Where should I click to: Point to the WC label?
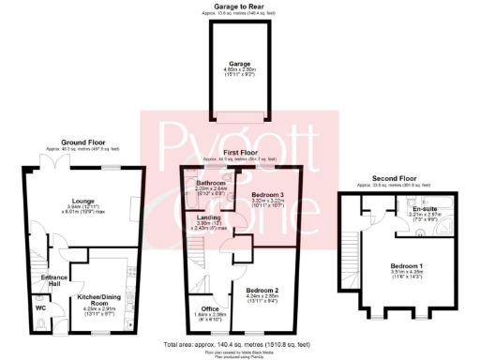click(x=40, y=307)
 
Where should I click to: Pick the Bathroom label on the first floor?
click(x=210, y=183)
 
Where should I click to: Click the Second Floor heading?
click(x=394, y=179)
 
